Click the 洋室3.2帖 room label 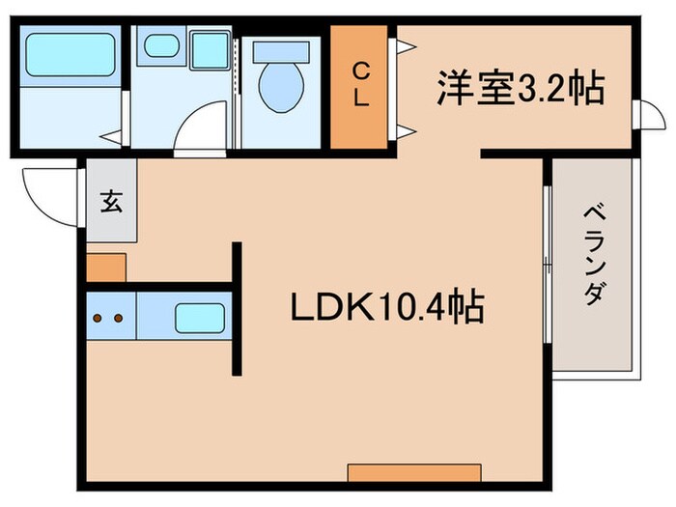click(x=520, y=89)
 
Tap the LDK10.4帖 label click(x=387, y=308)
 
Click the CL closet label click(x=359, y=84)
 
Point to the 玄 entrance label click(x=111, y=204)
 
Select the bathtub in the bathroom click(x=69, y=55)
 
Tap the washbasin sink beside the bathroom click(x=159, y=46)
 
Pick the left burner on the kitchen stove click(x=99, y=317)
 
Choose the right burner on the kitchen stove click(x=119, y=317)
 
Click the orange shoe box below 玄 click(x=105, y=266)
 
